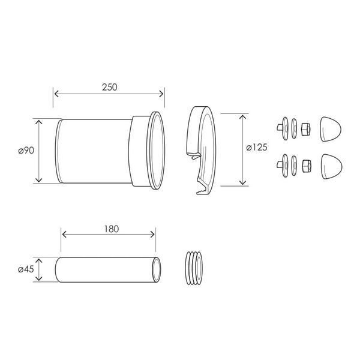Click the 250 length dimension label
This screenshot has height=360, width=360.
(110, 87)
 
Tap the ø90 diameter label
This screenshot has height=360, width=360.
(26, 151)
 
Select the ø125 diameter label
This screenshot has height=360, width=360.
(257, 148)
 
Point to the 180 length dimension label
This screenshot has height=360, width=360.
(112, 229)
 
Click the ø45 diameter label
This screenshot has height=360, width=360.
(26, 269)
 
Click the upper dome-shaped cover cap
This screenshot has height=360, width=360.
(331, 129)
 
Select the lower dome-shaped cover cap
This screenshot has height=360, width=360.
(331, 166)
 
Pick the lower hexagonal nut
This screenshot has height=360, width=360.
(307, 166)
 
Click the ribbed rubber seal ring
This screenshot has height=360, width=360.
(194, 268)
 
